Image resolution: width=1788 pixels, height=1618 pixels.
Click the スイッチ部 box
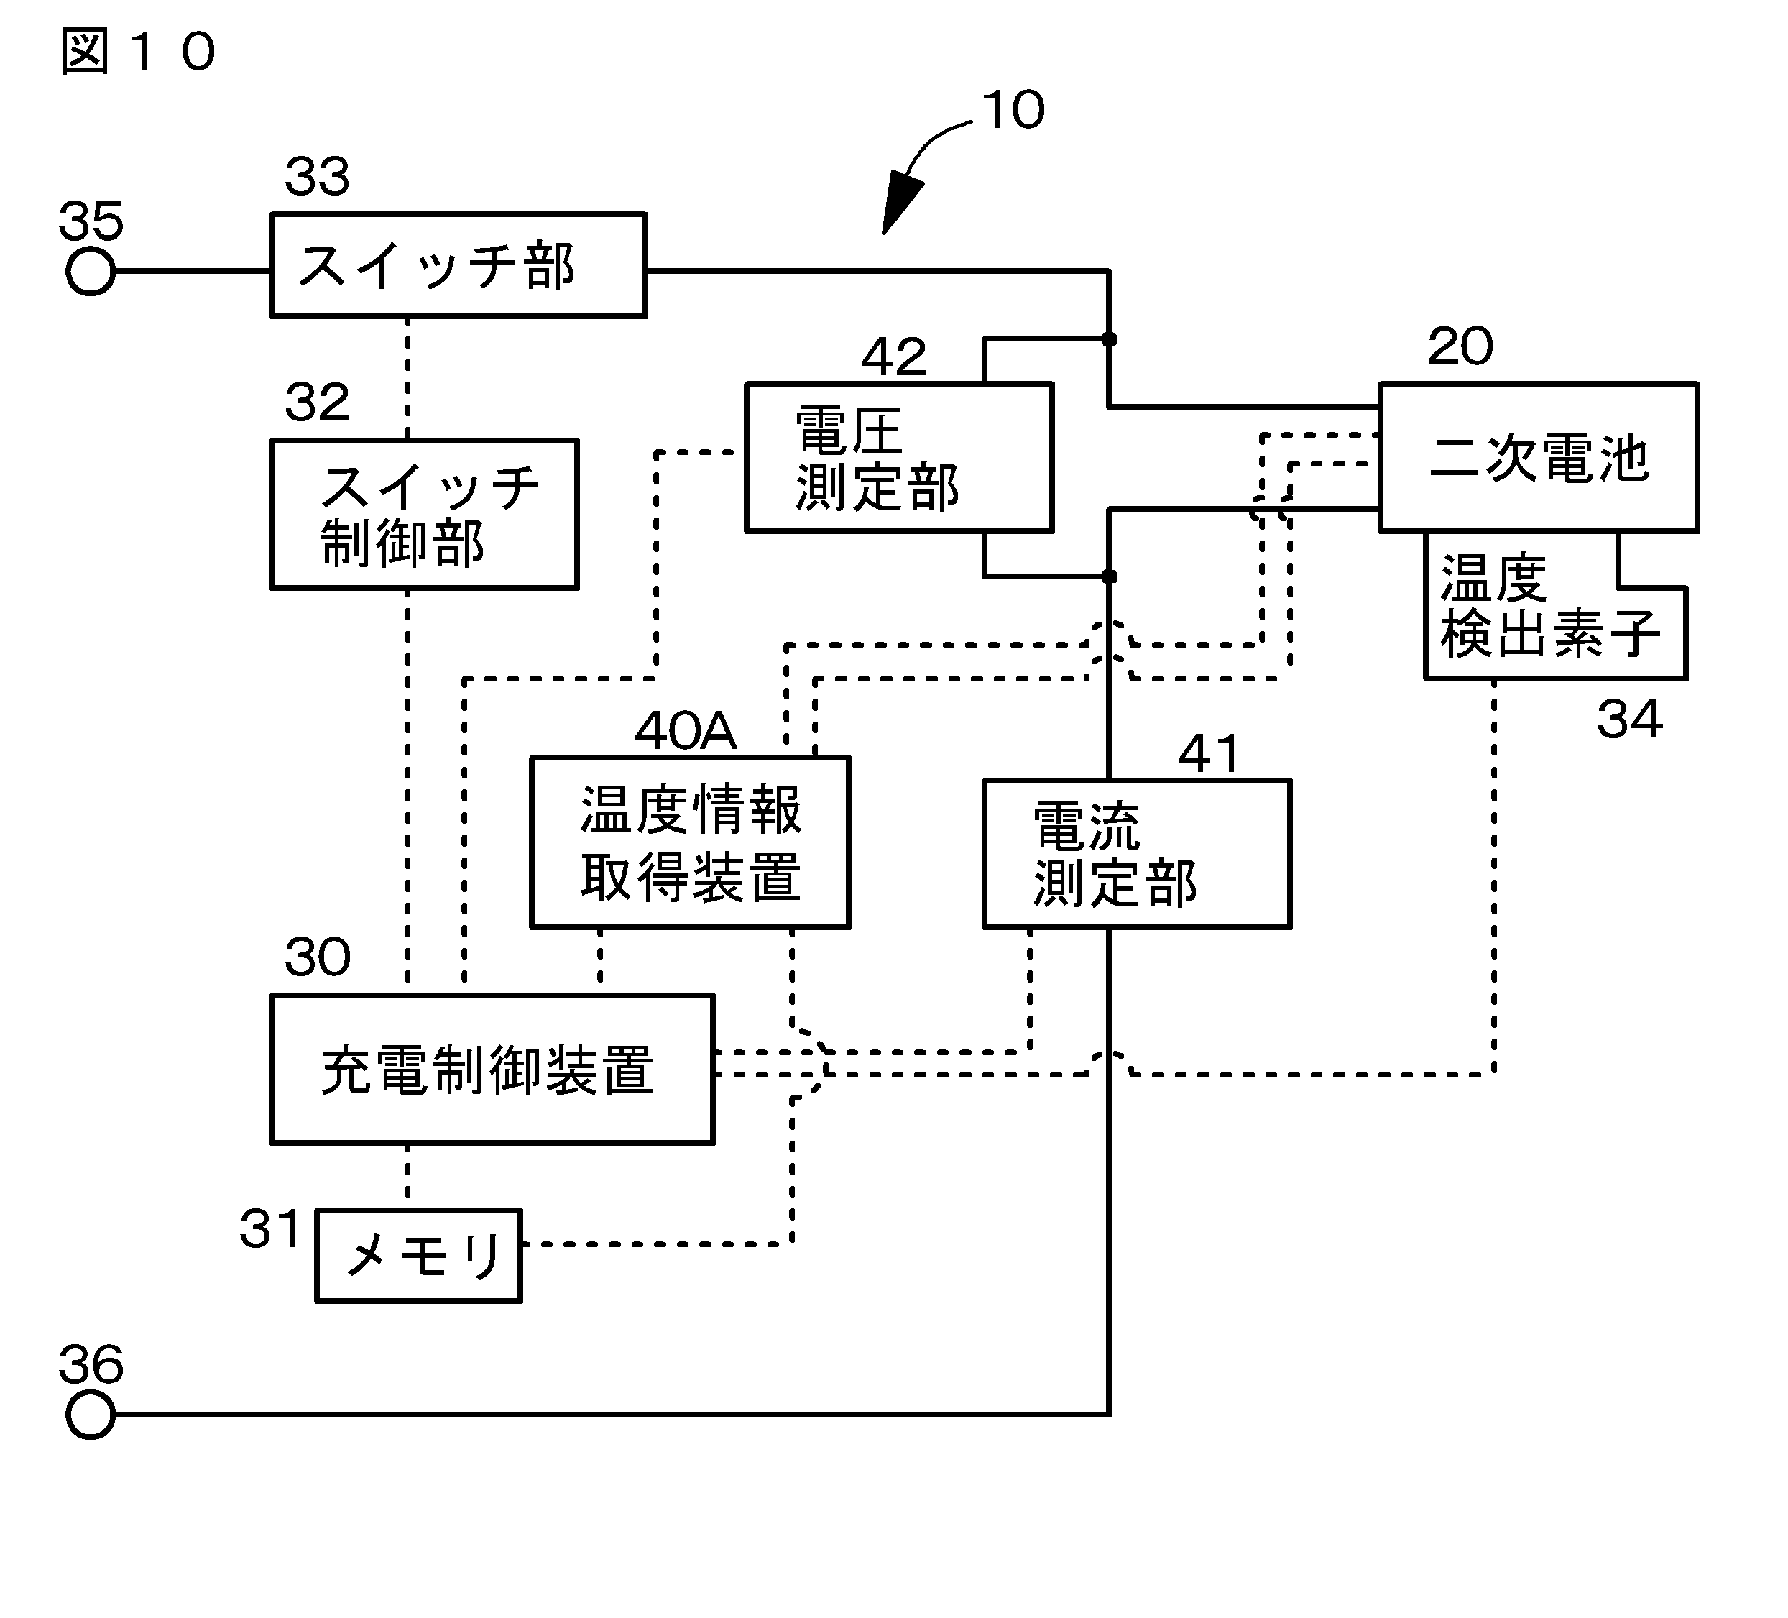[x=458, y=265]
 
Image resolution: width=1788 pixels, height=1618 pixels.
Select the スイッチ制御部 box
[x=424, y=514]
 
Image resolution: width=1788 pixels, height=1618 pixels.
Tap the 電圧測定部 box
[x=898, y=457]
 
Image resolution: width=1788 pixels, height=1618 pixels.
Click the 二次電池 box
[x=1538, y=457]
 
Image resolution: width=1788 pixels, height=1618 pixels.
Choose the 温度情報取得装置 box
[x=689, y=842]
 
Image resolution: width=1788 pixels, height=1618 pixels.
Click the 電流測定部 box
[x=1136, y=853]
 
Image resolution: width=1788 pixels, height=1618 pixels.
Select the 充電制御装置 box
[x=492, y=1069]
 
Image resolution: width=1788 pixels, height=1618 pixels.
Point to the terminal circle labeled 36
[x=91, y=1414]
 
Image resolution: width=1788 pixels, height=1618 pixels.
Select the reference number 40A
[x=685, y=731]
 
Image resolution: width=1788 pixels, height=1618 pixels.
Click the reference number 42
[x=893, y=357]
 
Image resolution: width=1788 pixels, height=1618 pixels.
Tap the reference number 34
[x=1628, y=719]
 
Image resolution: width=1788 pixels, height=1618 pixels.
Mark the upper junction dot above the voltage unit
[x=1109, y=339]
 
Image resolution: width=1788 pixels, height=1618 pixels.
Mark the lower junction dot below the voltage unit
[x=1109, y=576]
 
